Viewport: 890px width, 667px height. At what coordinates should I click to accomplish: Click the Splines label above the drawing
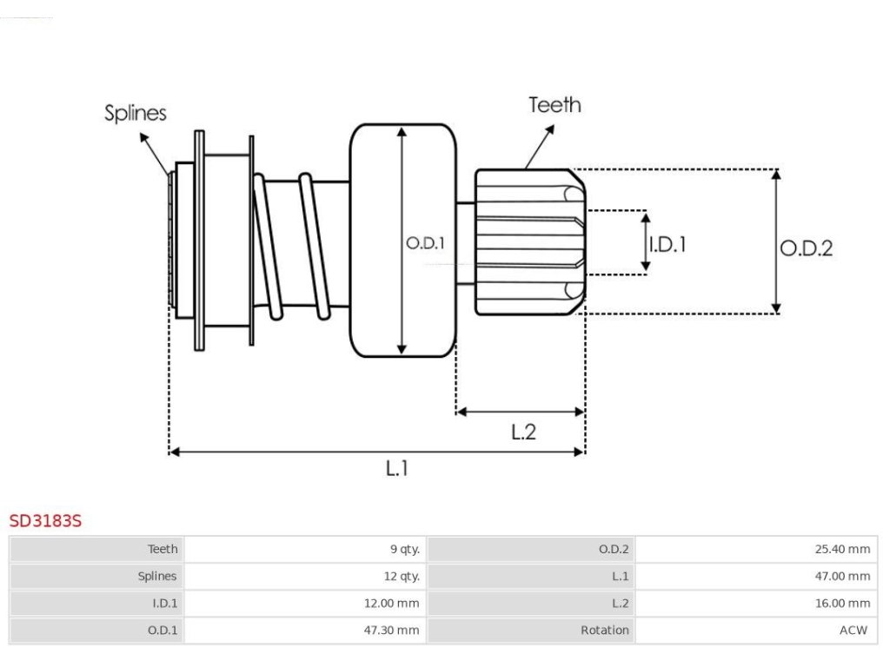click(x=136, y=113)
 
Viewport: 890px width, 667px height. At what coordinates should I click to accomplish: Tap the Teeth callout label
click(x=555, y=105)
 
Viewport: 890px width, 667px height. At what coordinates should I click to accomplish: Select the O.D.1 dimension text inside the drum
click(x=426, y=244)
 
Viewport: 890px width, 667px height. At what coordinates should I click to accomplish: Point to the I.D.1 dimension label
click(x=667, y=244)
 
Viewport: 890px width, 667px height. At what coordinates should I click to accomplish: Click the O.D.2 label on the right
click(x=806, y=248)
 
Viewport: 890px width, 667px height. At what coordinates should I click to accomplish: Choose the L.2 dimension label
click(x=523, y=432)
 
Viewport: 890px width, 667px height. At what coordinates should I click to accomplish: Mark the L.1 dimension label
click(x=397, y=468)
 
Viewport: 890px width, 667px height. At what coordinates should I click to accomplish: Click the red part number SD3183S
click(x=45, y=521)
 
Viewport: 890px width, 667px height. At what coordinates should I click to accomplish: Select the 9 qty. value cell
click(x=405, y=549)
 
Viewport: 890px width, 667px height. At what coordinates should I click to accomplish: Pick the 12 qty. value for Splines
click(x=402, y=576)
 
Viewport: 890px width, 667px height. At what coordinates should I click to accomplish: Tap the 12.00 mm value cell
click(x=391, y=603)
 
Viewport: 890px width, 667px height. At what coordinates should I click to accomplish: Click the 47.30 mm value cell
click(x=391, y=631)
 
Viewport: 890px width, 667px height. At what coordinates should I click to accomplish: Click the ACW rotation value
click(x=853, y=631)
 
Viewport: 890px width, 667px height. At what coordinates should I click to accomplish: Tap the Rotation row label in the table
click(x=605, y=631)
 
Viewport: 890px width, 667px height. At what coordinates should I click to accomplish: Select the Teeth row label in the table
click(x=163, y=549)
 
